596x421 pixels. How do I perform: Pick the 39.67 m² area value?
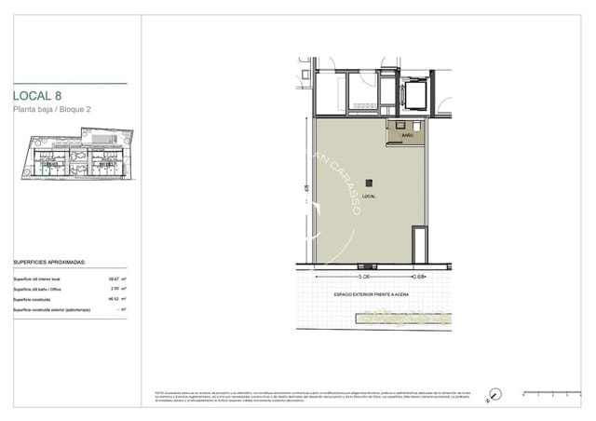point(117,278)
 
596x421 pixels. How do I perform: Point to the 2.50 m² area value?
point(117,289)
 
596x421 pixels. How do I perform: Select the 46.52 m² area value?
point(117,299)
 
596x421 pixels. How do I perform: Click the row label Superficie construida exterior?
point(51,309)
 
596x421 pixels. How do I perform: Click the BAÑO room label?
point(407,135)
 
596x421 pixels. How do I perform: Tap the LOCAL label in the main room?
point(369,197)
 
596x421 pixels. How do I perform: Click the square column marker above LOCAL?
point(369,183)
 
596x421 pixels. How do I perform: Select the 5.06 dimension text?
point(365,277)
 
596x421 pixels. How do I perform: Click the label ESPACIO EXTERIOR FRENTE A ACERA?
point(371,294)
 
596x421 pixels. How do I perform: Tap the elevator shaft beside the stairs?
point(412,93)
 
